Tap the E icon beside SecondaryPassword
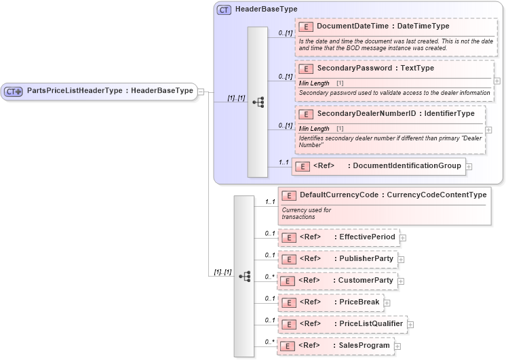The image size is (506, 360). [306, 68]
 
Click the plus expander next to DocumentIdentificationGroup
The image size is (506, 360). [469, 166]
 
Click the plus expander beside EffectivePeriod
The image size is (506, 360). [403, 238]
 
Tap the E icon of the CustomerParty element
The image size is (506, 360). [288, 281]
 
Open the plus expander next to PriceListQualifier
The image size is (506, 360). [410, 325]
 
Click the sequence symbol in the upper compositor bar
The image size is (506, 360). [258, 102]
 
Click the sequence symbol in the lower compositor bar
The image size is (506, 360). [244, 276]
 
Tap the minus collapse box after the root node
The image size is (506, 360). [201, 92]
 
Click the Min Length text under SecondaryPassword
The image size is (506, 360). [314, 83]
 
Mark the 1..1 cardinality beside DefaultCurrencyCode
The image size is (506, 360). [270, 202]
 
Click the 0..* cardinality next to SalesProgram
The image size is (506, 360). [270, 341]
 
